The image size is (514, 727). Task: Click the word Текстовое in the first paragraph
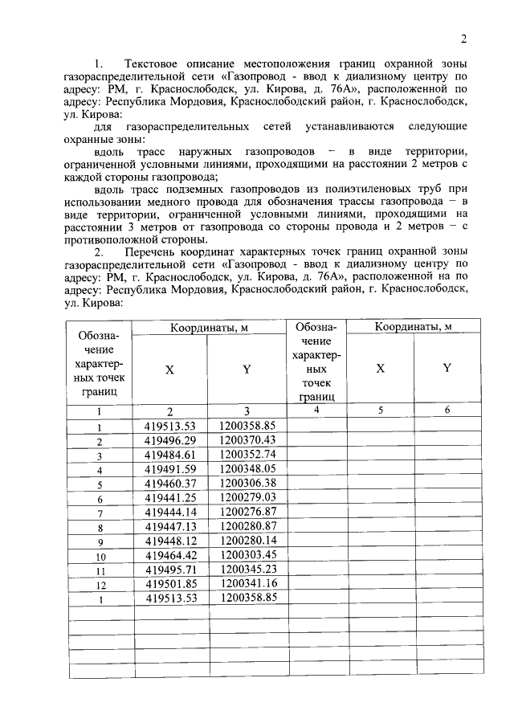pyautogui.click(x=154, y=63)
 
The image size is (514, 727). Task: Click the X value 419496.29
pyautogui.click(x=170, y=441)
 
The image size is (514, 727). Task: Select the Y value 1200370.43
pyautogui.click(x=247, y=441)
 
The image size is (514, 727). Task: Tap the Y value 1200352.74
pyautogui.click(x=247, y=455)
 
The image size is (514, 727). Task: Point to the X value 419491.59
pyautogui.click(x=170, y=470)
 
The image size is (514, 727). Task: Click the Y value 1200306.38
pyautogui.click(x=247, y=484)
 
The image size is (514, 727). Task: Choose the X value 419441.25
pyautogui.click(x=170, y=499)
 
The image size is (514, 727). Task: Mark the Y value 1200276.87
pyautogui.click(x=247, y=513)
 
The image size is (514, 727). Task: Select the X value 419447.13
pyautogui.click(x=170, y=528)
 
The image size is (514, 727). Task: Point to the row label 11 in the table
pyautogui.click(x=100, y=572)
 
